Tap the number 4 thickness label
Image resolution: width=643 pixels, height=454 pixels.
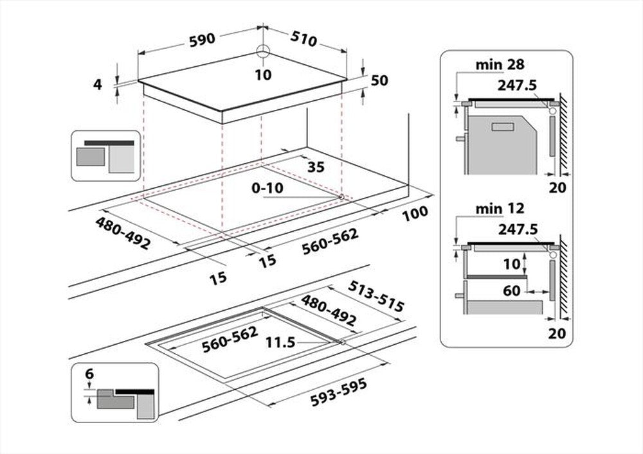98,84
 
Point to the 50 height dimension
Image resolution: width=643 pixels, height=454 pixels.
379,80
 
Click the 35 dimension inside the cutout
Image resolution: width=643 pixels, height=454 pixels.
316,168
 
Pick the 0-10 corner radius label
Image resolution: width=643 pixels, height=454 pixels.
266,189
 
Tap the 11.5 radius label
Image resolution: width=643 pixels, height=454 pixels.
280,343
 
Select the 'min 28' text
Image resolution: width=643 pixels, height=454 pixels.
500,64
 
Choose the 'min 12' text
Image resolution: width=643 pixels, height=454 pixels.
500,208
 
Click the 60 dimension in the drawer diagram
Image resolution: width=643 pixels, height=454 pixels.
511,291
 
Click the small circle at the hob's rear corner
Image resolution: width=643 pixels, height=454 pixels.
262,52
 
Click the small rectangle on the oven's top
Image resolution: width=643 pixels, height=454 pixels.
502,127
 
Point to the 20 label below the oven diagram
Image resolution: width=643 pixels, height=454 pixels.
557,188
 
